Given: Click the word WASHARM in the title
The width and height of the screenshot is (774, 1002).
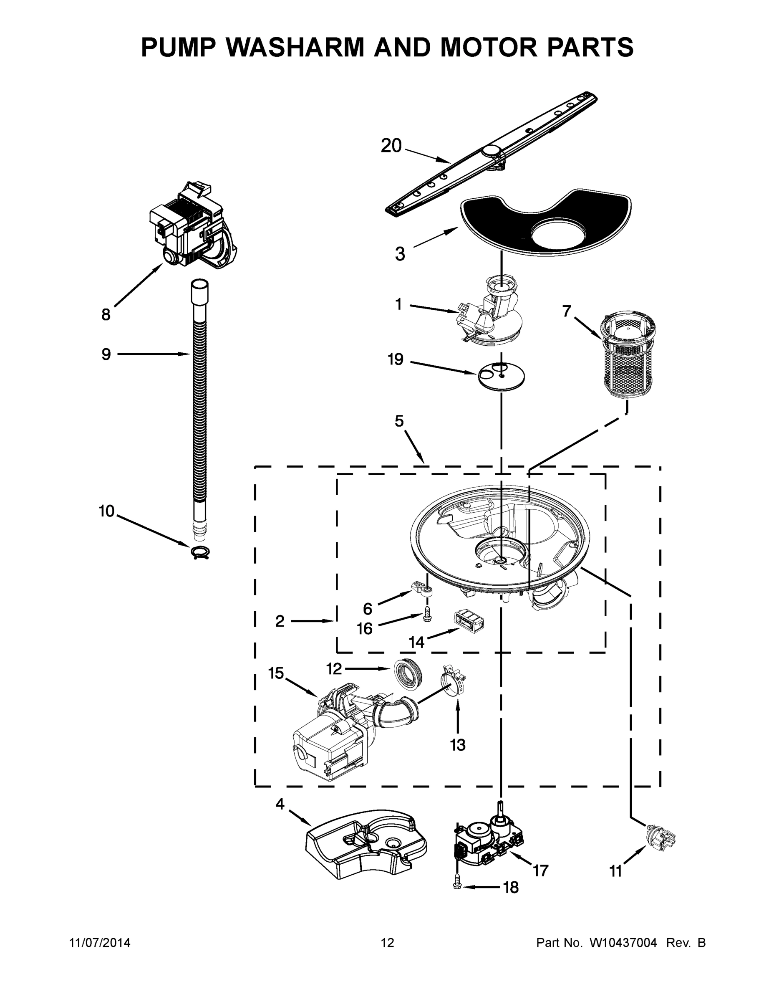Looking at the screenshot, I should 297,47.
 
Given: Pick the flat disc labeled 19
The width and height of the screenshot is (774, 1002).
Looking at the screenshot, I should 501,377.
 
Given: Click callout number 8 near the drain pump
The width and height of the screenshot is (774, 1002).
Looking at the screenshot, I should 106,315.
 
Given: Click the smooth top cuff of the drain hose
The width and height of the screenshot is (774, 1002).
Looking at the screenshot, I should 199,294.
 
